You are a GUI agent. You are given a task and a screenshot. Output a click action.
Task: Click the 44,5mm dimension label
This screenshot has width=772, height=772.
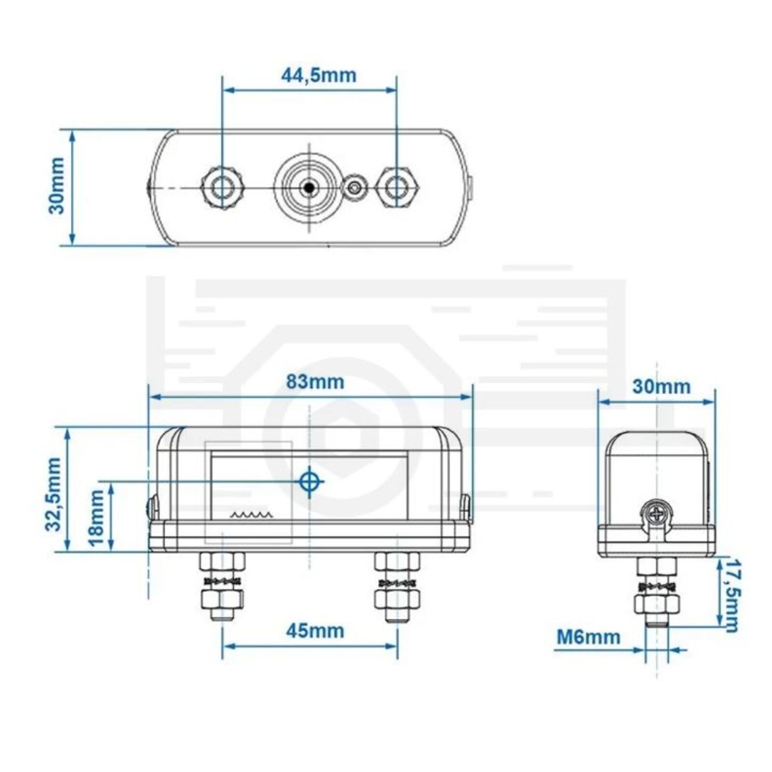point(318,75)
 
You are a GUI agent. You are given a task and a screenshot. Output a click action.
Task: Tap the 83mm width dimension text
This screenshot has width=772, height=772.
point(315,382)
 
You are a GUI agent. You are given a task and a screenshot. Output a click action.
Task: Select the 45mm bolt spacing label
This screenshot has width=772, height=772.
point(315,631)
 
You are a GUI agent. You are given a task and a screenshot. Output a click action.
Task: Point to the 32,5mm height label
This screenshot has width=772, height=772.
point(54,495)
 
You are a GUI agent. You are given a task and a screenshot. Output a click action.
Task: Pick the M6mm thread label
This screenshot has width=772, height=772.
point(589,637)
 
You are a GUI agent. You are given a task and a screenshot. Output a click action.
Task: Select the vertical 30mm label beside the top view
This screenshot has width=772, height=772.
point(57,186)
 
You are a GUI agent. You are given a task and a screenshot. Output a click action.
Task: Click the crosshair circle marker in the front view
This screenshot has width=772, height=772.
point(310,481)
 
